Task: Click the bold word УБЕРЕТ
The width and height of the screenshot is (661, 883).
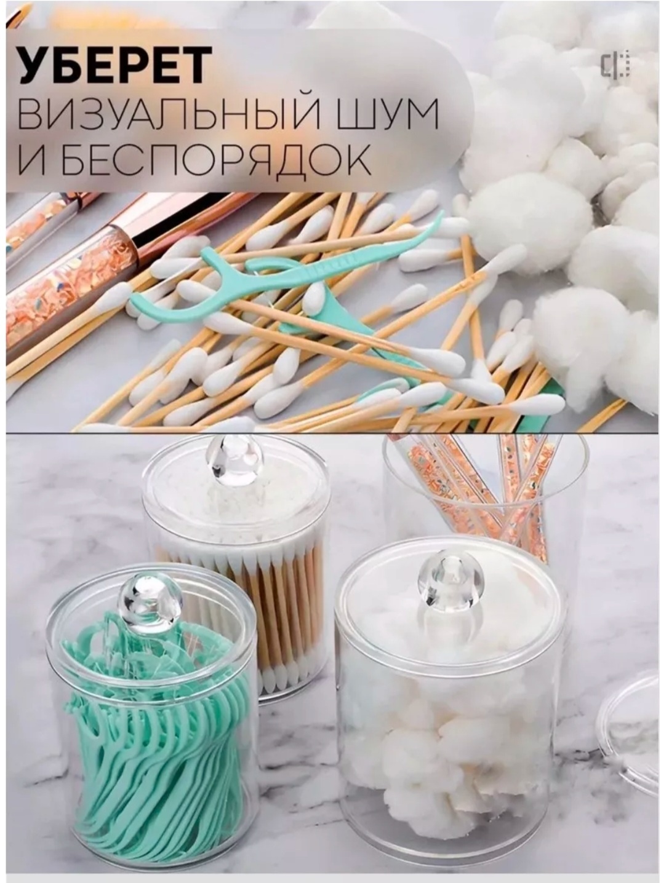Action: [114, 65]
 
